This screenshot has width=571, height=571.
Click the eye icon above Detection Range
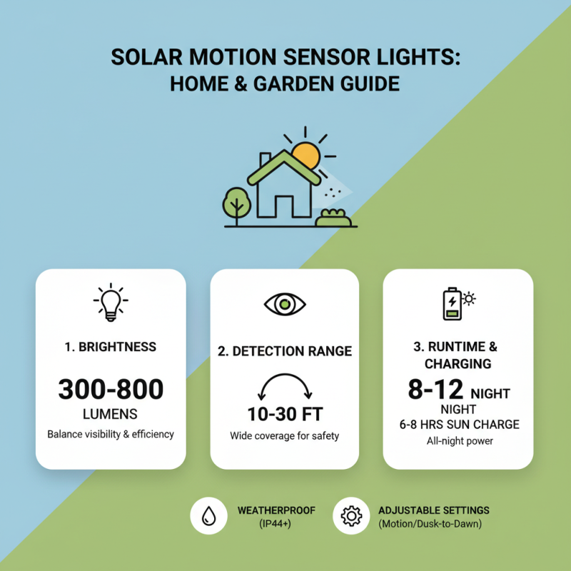285,304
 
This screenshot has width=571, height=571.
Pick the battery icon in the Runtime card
451,304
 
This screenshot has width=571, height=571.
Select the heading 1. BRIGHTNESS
111,347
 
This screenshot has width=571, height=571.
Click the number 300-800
111,389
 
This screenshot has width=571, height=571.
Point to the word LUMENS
111,414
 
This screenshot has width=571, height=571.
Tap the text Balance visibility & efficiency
111,434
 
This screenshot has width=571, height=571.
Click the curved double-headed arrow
285,386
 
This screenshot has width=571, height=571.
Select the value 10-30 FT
285,415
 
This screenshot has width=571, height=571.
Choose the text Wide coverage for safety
285,435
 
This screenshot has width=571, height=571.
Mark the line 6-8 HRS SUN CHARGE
459,425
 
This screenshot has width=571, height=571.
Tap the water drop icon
208,516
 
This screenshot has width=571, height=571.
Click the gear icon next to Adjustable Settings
351,516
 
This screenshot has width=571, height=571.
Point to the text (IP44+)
276,525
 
